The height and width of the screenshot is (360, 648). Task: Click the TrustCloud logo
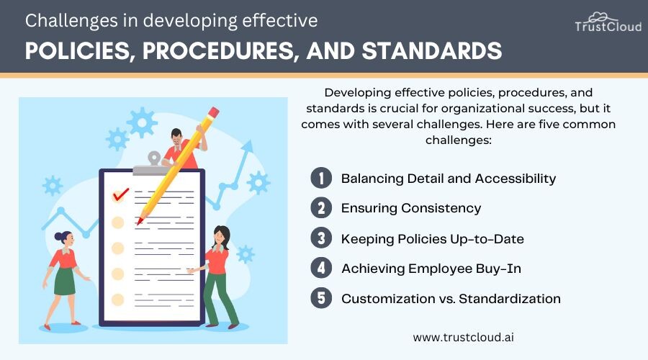pos(608,22)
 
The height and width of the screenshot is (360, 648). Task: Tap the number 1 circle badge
pos(321,178)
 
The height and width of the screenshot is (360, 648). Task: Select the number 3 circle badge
pos(321,238)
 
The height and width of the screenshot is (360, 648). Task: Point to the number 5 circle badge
pos(321,298)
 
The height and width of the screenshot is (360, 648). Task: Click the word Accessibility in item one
pos(516,179)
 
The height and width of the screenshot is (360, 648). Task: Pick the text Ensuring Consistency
pos(411,208)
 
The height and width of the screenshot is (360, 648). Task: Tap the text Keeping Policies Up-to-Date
pos(433,239)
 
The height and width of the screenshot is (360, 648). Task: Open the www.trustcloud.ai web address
pos(463,337)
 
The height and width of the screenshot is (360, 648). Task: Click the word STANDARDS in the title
pos(432,51)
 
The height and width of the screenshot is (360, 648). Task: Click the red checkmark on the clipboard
pos(121,194)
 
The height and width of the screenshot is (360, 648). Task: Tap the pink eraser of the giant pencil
pos(213,112)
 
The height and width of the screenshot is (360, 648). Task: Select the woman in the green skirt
pos(65,278)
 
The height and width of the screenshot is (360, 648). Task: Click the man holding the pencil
pos(182,148)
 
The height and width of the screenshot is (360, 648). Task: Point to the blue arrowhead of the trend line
pos(247,146)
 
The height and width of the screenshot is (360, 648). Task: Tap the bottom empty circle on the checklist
pos(118,300)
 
